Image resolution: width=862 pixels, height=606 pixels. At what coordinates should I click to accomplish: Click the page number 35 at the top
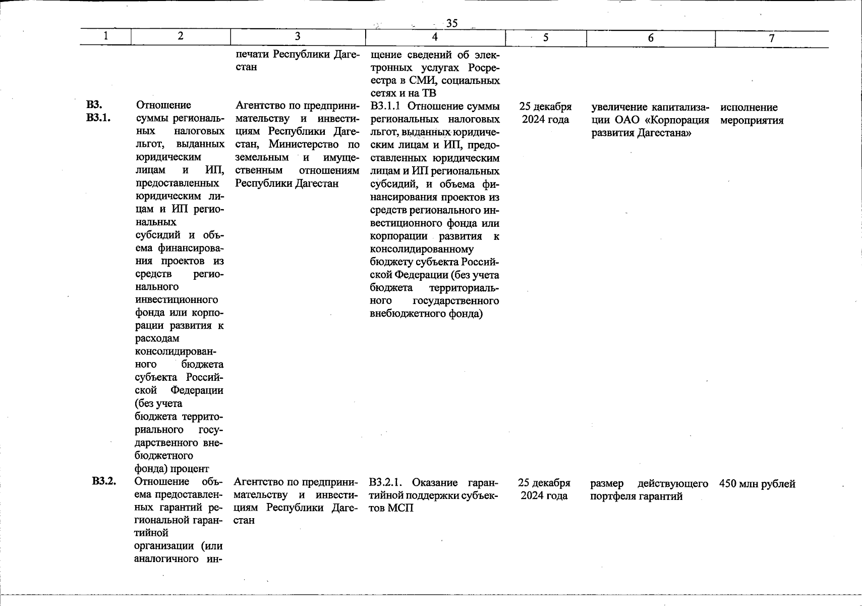[451, 23]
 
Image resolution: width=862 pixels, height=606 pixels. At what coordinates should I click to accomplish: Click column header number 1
[105, 36]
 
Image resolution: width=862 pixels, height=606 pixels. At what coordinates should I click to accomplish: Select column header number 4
[435, 37]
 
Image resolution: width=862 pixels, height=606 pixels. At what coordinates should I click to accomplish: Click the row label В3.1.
[98, 118]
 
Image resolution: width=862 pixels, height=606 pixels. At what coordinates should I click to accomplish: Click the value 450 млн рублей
[757, 484]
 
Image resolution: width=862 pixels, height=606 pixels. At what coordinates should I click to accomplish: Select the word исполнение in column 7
[749, 108]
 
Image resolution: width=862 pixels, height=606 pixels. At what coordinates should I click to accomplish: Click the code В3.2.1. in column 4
[387, 482]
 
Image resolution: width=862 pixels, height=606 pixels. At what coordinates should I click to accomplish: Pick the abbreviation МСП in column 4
[400, 508]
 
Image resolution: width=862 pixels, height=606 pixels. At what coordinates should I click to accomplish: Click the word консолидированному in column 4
[422, 249]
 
